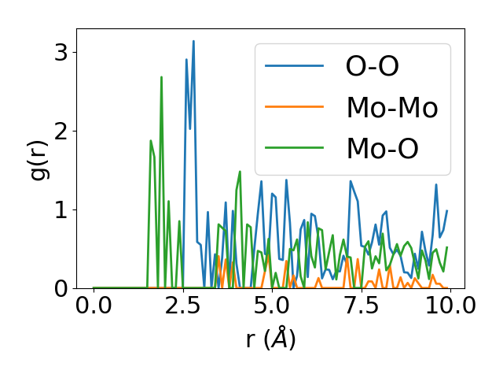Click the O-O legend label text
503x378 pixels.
[373, 66]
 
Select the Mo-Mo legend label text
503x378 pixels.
[392, 107]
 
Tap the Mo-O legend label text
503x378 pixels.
[383, 148]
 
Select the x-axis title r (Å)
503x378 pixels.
[270, 339]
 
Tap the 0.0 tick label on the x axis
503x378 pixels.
[94, 306]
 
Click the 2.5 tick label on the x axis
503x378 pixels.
[182, 306]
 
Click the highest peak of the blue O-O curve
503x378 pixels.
[193, 41]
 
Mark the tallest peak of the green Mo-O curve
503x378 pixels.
[161, 77]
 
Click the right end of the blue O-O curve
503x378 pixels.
[446, 211]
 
